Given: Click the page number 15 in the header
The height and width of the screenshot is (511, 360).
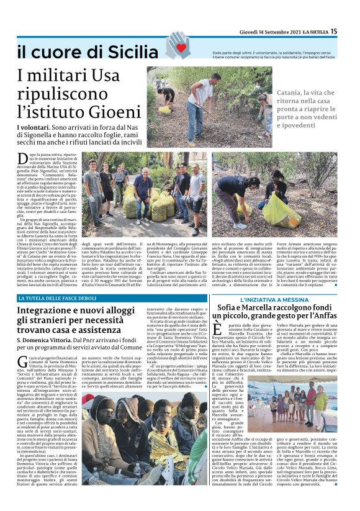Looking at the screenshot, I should [350, 30].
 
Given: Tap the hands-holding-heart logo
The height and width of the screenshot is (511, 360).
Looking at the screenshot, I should [179, 46].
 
